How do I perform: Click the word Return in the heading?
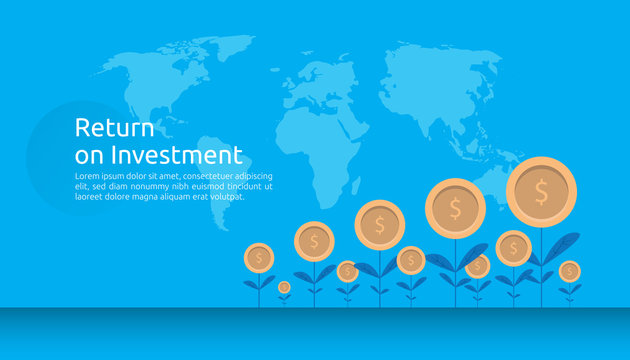[115, 129]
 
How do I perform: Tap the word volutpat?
[225, 196]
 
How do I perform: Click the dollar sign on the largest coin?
[541, 190]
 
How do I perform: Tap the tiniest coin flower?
[284, 288]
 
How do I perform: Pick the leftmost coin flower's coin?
[259, 258]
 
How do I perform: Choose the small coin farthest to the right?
[570, 270]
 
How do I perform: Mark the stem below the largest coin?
[541, 260]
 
